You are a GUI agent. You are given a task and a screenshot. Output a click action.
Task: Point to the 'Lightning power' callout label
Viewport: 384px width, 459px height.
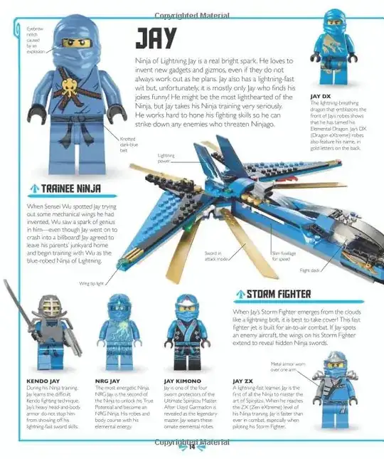[x=166, y=158]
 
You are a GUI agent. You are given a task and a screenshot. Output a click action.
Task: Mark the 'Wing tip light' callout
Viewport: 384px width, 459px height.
[x=91, y=283]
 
